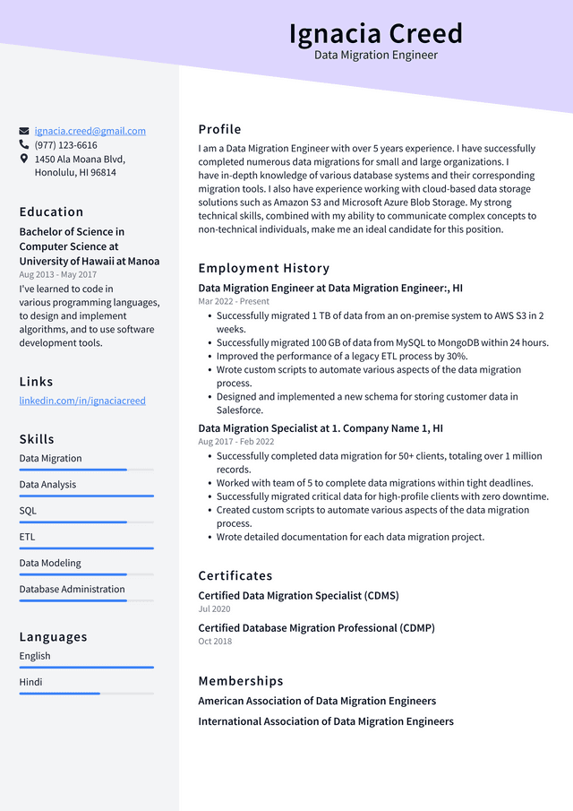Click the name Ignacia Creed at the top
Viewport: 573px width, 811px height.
coord(375,33)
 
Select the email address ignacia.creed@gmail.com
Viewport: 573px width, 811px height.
coord(90,131)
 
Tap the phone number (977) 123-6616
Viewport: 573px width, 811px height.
coord(65,145)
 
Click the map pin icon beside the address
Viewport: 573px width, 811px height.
coord(24,159)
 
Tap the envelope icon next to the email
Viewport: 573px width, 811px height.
coord(24,131)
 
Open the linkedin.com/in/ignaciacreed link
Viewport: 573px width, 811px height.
coord(82,401)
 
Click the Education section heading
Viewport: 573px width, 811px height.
coord(51,212)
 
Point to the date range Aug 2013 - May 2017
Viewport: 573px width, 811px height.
coord(57,275)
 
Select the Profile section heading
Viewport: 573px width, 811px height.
coord(219,129)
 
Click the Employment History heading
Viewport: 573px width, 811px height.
coord(263,268)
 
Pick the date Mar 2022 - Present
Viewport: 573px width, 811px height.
coord(234,302)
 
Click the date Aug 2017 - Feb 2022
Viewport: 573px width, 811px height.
coord(235,442)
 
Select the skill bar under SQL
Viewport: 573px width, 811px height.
coord(86,522)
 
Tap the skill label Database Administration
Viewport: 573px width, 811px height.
coord(72,589)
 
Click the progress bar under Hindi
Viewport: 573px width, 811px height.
coord(86,693)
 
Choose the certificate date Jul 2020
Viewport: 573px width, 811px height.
coord(214,609)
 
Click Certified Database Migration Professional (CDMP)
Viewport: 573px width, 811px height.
coord(316,628)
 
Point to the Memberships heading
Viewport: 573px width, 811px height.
coord(240,681)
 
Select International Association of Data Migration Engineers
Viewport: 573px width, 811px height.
coord(325,721)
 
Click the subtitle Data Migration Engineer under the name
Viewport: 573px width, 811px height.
coord(375,56)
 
